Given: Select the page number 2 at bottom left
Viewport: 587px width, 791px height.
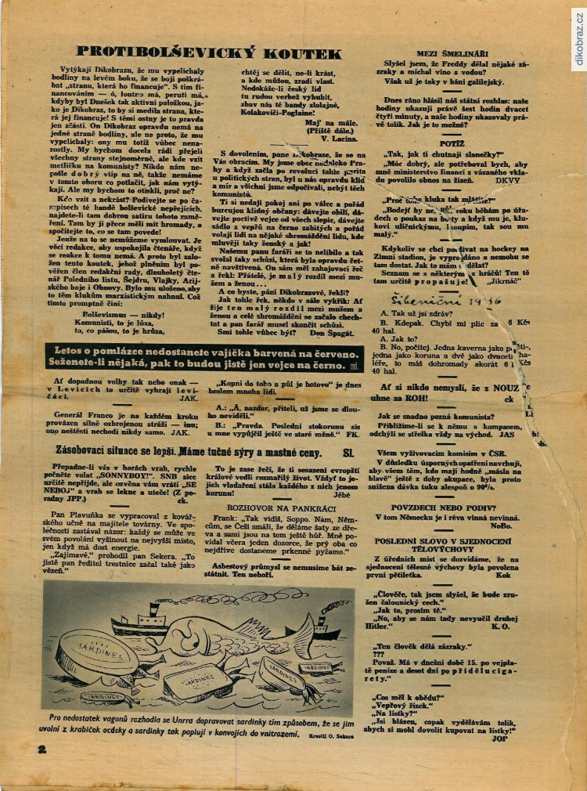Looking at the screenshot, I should [41, 749].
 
